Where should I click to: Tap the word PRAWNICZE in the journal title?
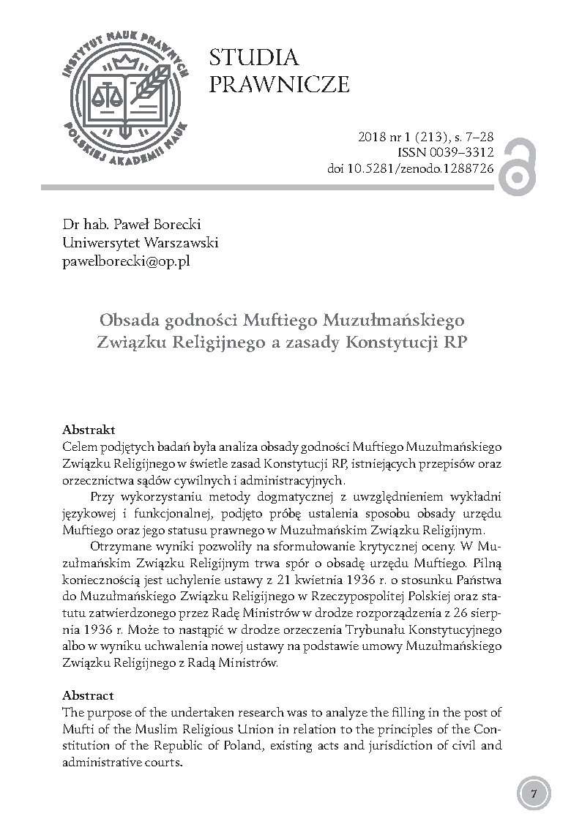(x=279, y=85)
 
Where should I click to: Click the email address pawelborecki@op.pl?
(x=126, y=260)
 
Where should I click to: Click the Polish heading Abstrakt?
(x=89, y=429)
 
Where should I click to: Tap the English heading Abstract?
(x=88, y=695)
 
